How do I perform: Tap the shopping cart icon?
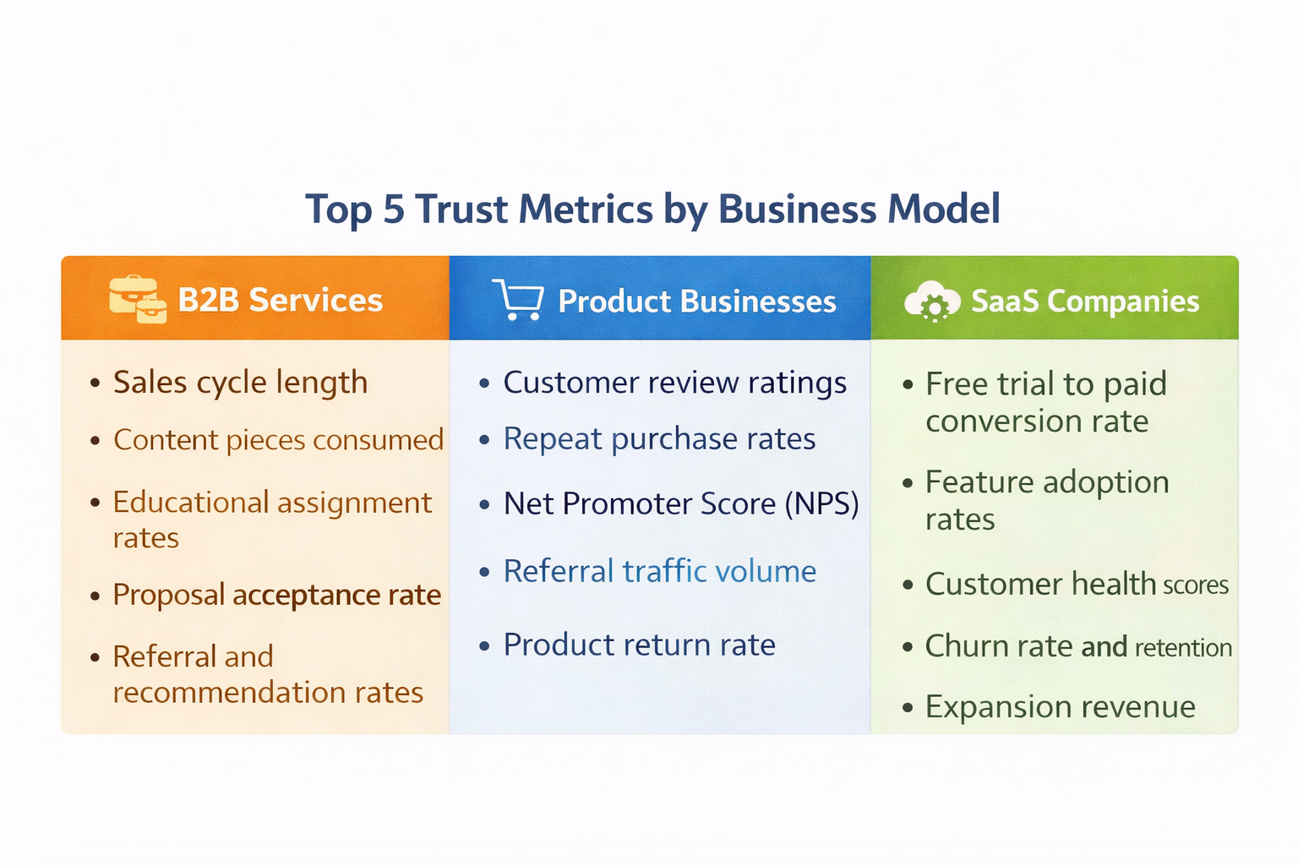[517, 300]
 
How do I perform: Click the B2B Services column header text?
[280, 301]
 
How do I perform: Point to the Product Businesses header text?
[697, 302]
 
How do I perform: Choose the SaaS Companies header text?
[1085, 302]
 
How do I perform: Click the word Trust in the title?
[461, 209]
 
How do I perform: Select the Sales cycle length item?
[240, 383]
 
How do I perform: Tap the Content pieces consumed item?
[278, 440]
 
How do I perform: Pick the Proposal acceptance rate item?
[276, 596]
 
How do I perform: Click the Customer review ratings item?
[674, 383]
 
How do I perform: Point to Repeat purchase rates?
[659, 439]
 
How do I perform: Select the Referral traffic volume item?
[659, 572]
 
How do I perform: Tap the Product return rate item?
[639, 645]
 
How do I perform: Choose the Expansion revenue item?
[1060, 707]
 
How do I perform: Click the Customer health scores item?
[1077, 585]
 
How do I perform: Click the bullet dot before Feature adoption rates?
[908, 485]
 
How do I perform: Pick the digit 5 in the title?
[394, 209]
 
